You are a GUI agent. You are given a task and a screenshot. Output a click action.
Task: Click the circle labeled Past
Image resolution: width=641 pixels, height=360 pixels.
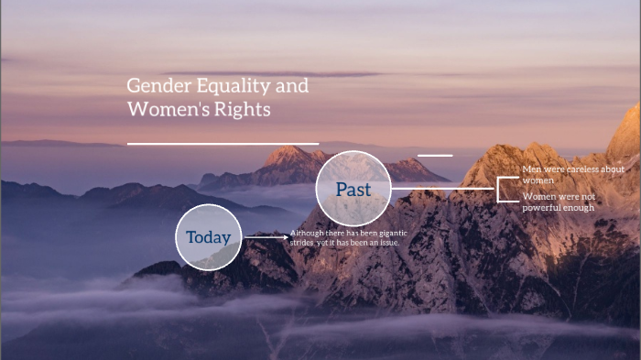click(x=353, y=190)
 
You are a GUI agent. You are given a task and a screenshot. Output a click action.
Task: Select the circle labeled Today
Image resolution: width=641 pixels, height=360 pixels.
click(x=209, y=237)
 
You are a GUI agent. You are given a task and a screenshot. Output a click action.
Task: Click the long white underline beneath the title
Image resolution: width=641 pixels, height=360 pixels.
click(x=223, y=144)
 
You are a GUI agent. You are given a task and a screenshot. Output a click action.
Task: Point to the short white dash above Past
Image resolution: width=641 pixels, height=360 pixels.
click(x=434, y=156)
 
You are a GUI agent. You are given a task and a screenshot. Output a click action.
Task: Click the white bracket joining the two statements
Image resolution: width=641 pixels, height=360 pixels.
click(x=500, y=189)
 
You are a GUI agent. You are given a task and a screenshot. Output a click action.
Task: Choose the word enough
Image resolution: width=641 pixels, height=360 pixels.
click(x=579, y=207)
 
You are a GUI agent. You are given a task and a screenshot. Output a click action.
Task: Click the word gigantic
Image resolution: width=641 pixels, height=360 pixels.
click(x=386, y=234)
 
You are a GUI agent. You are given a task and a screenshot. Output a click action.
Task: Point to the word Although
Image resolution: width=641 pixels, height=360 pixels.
click(x=308, y=234)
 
